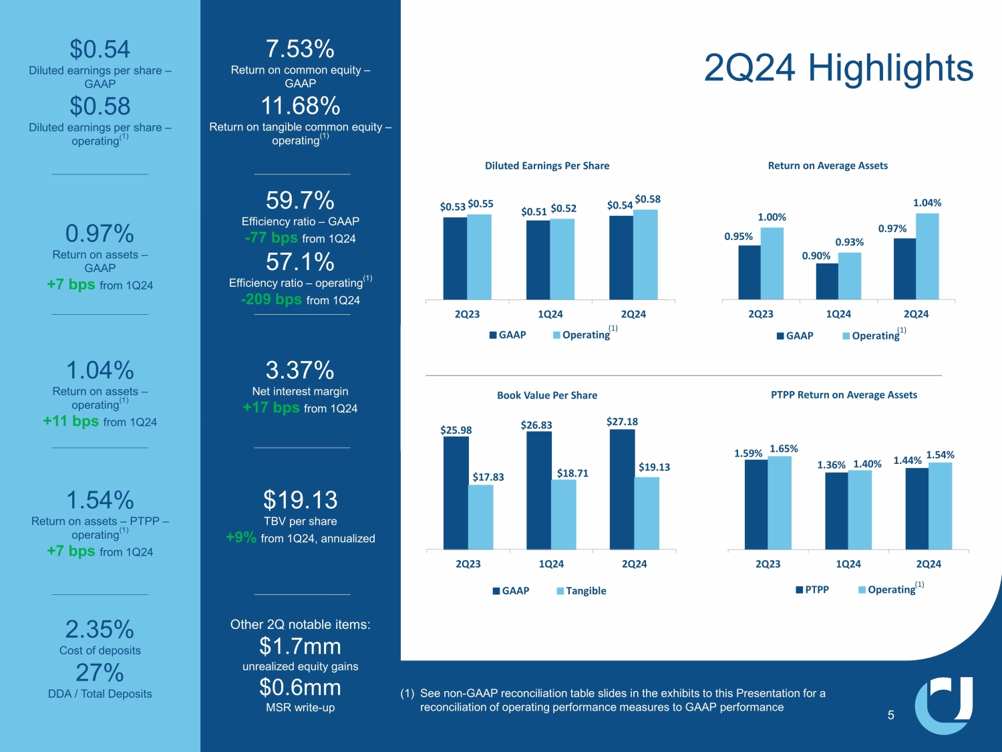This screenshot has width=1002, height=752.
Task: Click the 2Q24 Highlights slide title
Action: [x=838, y=68]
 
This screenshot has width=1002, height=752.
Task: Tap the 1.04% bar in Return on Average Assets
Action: [x=927, y=256]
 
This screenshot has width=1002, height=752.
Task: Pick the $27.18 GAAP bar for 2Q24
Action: [x=622, y=489]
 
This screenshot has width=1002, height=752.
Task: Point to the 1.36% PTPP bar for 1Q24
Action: [x=836, y=511]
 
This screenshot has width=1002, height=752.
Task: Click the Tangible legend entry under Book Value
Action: [x=582, y=591]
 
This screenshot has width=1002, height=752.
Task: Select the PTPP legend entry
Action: [x=812, y=590]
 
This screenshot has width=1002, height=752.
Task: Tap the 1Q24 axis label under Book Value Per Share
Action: [x=551, y=564]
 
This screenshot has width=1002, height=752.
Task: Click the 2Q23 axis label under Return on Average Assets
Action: [x=761, y=314]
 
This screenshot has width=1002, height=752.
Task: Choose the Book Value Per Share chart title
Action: [x=547, y=395]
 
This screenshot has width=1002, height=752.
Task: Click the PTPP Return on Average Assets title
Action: [x=844, y=395]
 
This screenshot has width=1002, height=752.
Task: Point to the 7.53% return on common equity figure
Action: [x=300, y=49]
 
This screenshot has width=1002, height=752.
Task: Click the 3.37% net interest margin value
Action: [x=300, y=370]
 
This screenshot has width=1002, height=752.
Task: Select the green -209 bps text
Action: [x=271, y=299]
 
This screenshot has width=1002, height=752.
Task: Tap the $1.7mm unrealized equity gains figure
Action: [x=300, y=646]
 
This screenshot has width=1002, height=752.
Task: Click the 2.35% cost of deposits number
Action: [x=100, y=630]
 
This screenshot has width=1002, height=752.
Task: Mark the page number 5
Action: [x=890, y=715]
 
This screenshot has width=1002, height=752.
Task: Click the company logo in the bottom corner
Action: [x=943, y=705]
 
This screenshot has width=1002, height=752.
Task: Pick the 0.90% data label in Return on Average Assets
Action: [x=816, y=256]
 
